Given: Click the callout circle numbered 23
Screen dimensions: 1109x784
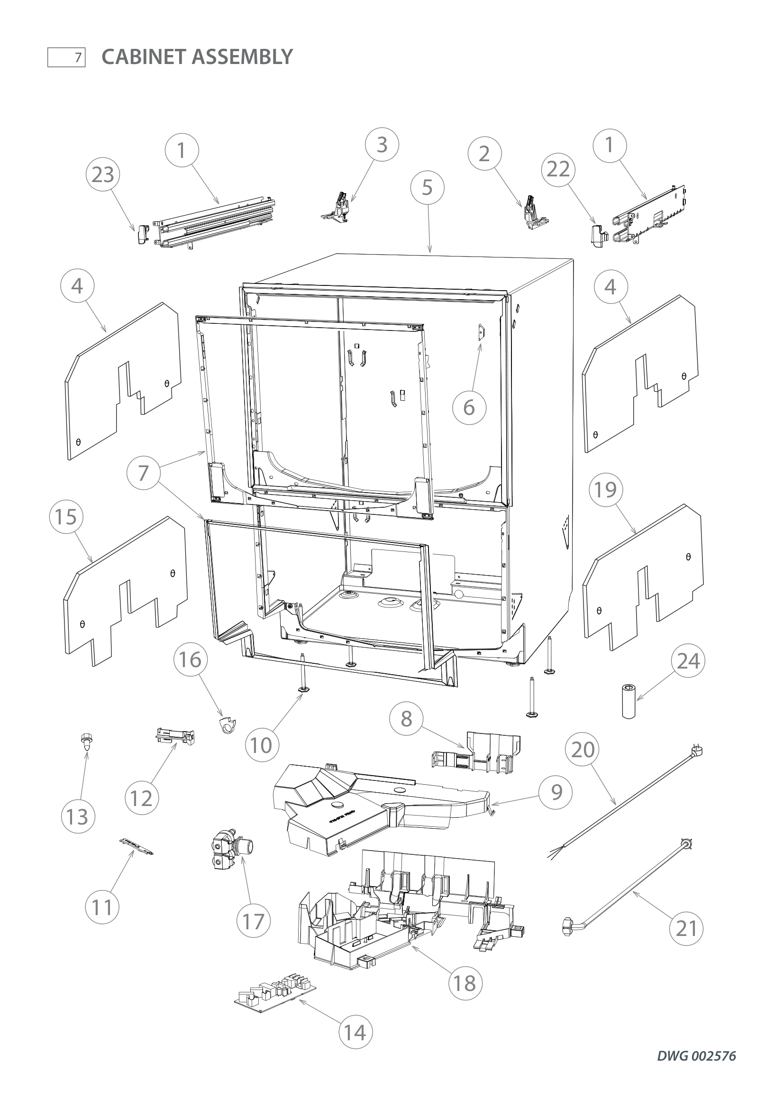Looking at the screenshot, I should pos(102,174).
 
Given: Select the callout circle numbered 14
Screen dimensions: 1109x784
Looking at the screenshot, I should pos(356,1032).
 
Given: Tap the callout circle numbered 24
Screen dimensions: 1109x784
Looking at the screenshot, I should pos(688,661).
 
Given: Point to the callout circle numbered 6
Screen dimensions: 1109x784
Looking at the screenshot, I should pos(469,408).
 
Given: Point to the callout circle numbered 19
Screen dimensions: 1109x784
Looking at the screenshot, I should pos(605,490).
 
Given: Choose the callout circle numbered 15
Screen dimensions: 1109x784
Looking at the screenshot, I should pos(66,517).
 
